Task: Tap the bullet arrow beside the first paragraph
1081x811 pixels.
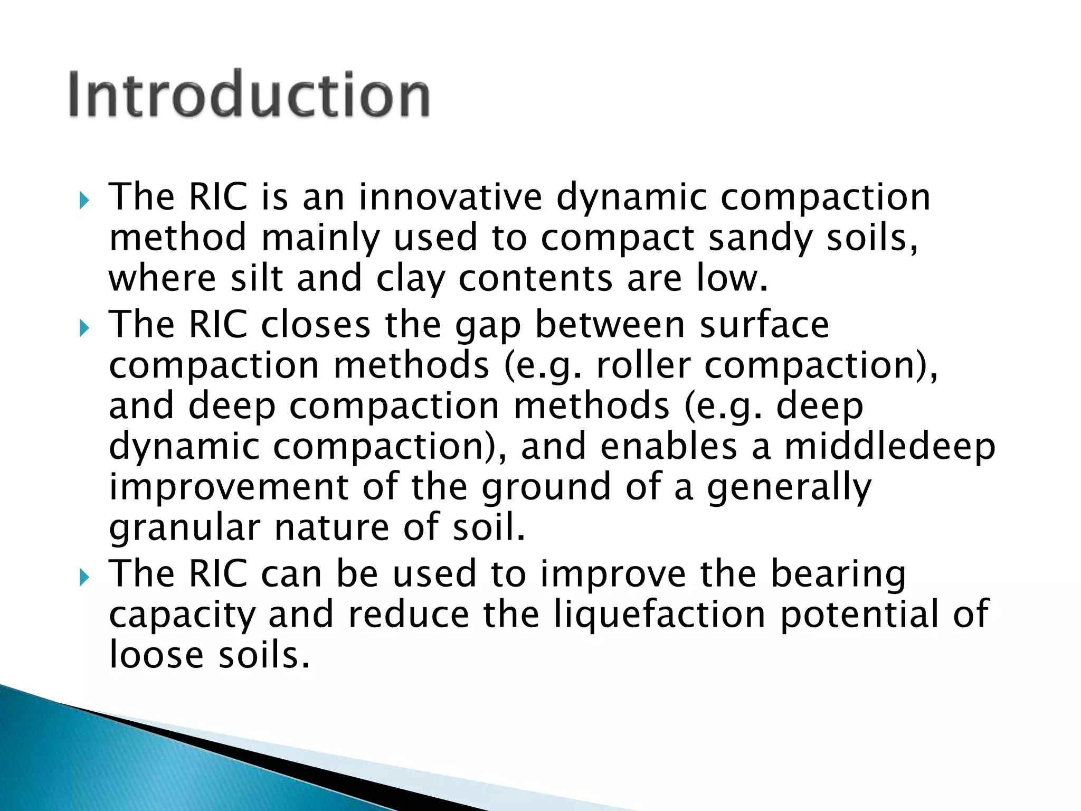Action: coord(84,201)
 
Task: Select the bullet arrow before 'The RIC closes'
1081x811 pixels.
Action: coord(84,329)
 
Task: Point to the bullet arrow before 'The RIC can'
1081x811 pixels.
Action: coord(84,578)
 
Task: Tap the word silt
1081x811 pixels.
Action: coord(257,278)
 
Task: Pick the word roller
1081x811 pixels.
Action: coord(643,365)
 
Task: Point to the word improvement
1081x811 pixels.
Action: coord(228,487)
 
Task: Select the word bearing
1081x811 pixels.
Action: coord(838,575)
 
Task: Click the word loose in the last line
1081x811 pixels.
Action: coord(156,655)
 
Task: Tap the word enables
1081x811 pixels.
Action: coord(668,447)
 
